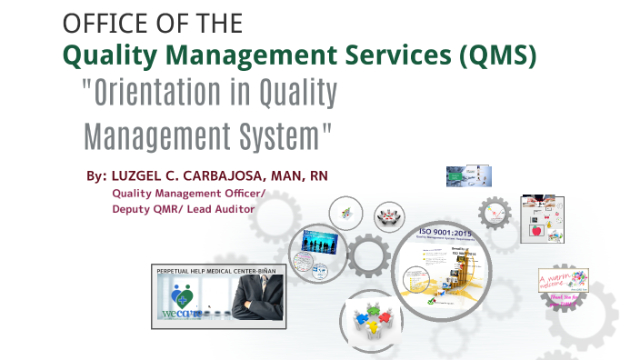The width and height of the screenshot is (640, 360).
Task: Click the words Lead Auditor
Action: pyautogui.click(x=224, y=208)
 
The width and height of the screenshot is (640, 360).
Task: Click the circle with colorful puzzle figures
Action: pyautogui.click(x=371, y=318)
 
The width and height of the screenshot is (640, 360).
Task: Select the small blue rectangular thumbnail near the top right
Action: pyautogui.click(x=468, y=175)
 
